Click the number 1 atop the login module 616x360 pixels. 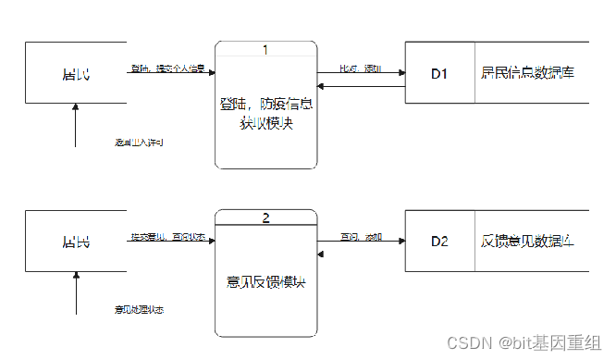click(x=265, y=49)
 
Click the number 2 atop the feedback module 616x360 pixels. click(x=265, y=218)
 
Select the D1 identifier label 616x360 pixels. click(x=439, y=72)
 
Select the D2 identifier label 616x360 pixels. click(x=439, y=242)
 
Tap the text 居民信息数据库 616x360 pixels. click(x=528, y=72)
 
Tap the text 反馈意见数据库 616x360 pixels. click(x=528, y=242)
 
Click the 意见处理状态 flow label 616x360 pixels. click(x=140, y=309)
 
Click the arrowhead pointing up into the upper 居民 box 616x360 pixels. click(x=76, y=107)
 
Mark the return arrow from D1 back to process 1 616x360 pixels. click(x=361, y=87)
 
